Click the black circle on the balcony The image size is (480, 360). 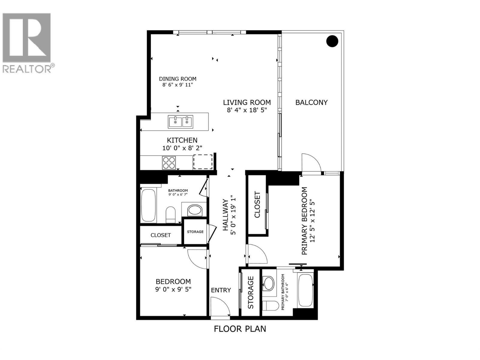[332, 41]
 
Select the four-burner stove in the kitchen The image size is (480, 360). [169, 163]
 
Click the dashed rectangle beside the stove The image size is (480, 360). [203, 162]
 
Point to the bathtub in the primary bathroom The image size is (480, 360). [305, 290]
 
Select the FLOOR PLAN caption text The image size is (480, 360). [240, 329]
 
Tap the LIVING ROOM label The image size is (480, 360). [247, 103]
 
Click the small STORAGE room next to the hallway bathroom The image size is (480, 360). [195, 232]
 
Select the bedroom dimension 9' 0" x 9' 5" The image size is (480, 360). [173, 289]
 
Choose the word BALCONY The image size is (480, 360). [311, 102]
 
